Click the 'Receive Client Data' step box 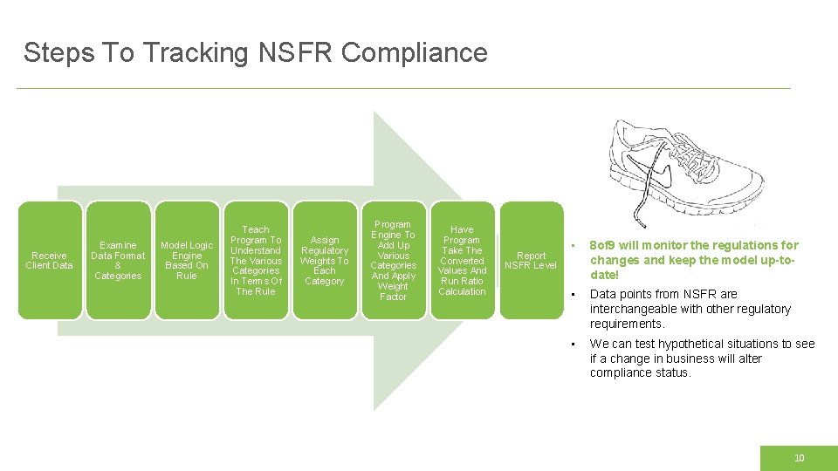point(50,260)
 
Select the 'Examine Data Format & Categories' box point(118,260)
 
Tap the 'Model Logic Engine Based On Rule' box point(187,260)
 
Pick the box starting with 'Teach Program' point(256,260)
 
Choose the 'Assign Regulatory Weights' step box point(325,260)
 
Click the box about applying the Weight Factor point(393,260)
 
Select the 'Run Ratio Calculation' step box point(462,260)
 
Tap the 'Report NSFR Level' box point(531,260)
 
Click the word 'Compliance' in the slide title point(414,53)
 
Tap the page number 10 point(799,458)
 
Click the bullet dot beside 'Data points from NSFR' point(571,294)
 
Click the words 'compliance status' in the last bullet point(640,373)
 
